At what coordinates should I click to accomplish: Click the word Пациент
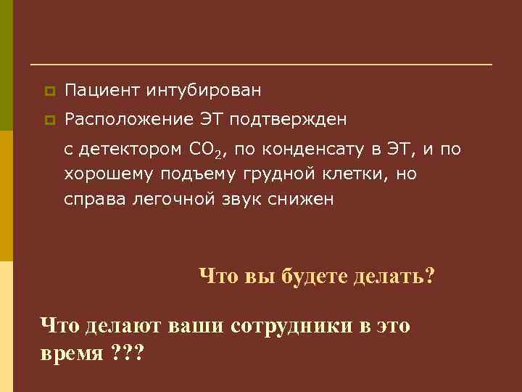(102, 91)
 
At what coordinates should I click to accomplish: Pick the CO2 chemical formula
(209, 151)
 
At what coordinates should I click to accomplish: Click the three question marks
(128, 355)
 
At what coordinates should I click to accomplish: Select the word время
(72, 355)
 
